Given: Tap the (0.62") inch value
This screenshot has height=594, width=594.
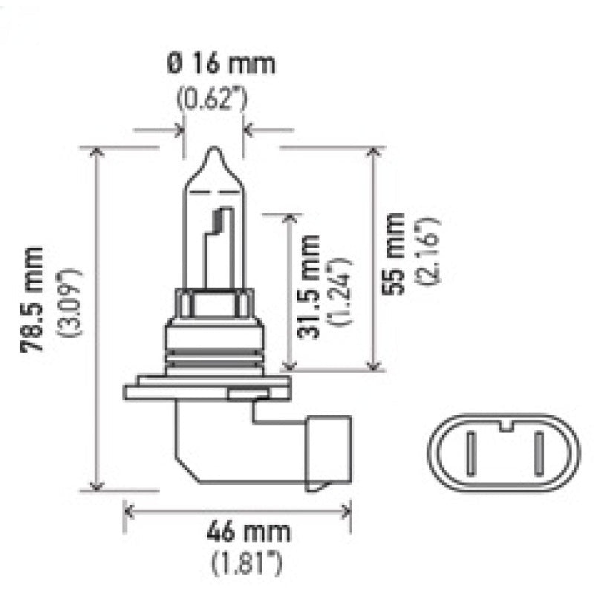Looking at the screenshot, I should coord(214,97).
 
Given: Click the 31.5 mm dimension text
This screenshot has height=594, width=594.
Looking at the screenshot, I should coord(308,287).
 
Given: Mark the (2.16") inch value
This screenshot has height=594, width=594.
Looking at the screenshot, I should coord(431,252).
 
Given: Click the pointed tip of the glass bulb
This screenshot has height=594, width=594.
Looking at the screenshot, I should coord(214,152).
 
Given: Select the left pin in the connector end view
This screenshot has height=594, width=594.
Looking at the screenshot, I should coord(471,454).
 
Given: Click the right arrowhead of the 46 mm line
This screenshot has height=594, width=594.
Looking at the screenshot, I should coord(347,511).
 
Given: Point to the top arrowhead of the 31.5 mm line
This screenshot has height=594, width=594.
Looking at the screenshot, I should coord(290,218).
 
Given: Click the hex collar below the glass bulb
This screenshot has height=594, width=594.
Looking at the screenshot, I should coord(214,304).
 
